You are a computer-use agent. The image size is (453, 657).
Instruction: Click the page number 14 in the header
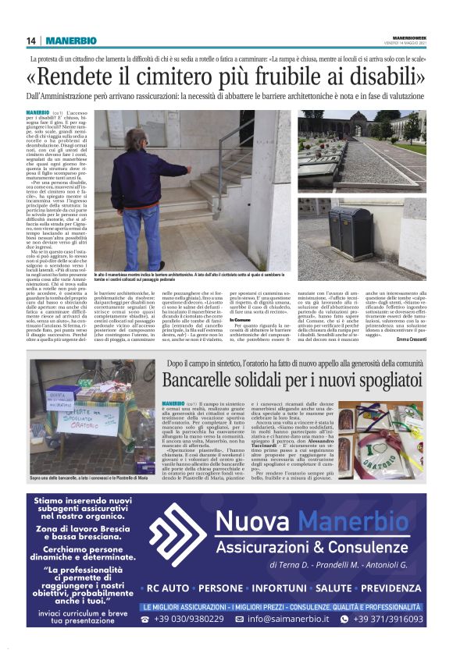click(30, 41)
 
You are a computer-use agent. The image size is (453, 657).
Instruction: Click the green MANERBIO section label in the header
click(71, 41)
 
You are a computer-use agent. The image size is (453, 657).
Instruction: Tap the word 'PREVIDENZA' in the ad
click(382, 588)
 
